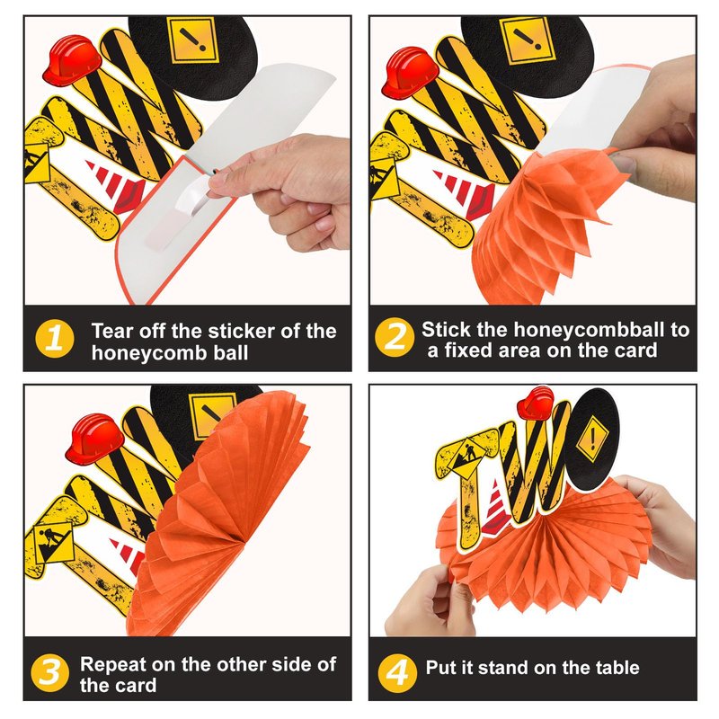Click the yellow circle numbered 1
coord(55,339)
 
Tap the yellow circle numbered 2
coord(395,337)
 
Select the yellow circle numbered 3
coord(50,672)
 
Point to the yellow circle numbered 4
coord(397,672)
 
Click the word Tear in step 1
coord(112,330)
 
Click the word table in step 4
coord(617,668)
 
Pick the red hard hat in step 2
coord(410,72)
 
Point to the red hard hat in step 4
coord(535,403)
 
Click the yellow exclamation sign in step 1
coord(193,41)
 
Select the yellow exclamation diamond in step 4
coord(592,439)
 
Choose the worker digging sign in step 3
coord(53,542)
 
